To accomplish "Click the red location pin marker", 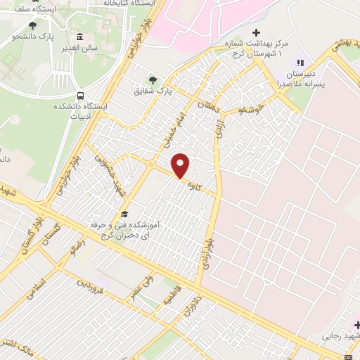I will [181, 166].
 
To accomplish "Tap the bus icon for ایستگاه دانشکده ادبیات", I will [79, 96].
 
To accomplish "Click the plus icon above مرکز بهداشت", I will [257, 32].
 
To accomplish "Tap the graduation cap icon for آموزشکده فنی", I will [124, 213].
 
